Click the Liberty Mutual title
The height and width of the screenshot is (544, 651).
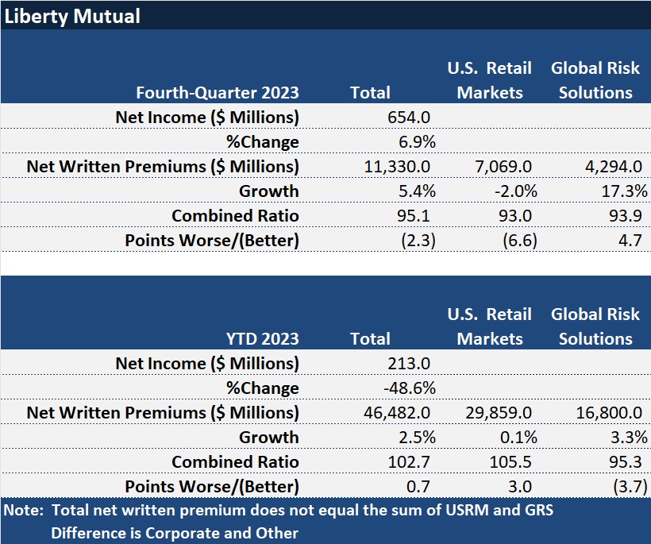point(72,15)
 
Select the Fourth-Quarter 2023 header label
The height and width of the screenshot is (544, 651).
point(218,92)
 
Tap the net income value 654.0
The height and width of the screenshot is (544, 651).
point(409,117)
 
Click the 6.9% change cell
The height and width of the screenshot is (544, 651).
point(415,141)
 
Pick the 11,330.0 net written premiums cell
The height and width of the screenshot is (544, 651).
point(394,166)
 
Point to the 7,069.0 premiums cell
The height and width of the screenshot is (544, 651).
point(499,166)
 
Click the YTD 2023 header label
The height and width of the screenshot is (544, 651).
point(262,338)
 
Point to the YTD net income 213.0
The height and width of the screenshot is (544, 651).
point(409,363)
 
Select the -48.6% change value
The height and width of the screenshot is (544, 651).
point(409,388)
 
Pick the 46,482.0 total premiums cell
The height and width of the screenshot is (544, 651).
point(394,412)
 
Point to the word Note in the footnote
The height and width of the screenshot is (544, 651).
point(21,511)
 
